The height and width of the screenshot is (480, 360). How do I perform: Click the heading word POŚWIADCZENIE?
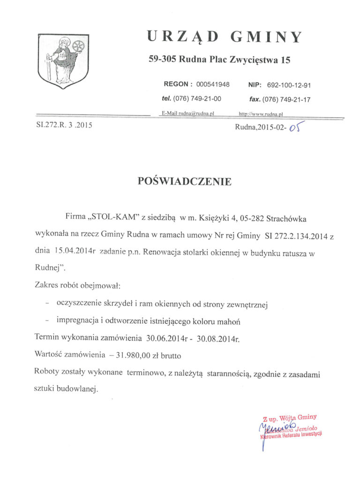point(185,181)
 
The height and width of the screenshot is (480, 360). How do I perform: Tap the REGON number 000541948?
point(213,84)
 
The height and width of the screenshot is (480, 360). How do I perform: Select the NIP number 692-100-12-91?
point(289,85)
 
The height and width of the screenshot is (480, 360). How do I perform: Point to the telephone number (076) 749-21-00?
point(197,99)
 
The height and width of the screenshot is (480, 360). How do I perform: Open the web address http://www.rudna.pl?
point(261,113)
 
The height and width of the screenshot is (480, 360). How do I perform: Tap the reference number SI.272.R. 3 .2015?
point(64,125)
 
